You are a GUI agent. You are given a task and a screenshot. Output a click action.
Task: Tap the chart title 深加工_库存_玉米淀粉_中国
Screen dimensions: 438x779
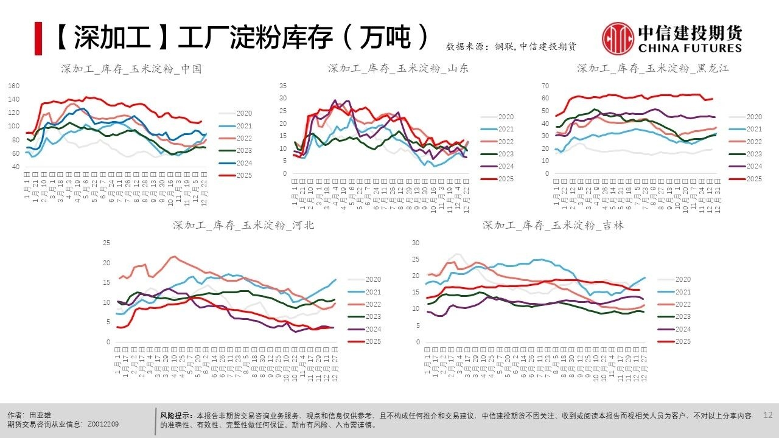tap(131, 69)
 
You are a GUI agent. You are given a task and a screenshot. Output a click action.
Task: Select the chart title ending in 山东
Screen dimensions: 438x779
tap(398, 68)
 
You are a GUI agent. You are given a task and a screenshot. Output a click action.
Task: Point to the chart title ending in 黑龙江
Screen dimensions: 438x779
tap(652, 68)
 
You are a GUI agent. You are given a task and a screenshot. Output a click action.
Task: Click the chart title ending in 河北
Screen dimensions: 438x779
tap(243, 225)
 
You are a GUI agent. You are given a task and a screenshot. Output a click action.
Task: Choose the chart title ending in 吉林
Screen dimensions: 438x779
tap(553, 225)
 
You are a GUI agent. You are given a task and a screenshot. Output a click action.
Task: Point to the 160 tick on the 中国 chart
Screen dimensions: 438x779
tap(14, 86)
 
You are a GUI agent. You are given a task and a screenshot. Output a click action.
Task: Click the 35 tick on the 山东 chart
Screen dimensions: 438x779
tap(282, 86)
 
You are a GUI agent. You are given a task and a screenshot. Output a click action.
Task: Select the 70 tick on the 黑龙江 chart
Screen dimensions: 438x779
tap(545, 86)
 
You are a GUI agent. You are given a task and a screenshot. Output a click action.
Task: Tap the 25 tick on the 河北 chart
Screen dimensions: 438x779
tap(107, 243)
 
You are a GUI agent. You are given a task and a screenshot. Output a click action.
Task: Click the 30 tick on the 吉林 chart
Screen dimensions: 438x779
tap(416, 243)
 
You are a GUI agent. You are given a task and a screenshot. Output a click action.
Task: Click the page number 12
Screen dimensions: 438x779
tap(767, 415)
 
